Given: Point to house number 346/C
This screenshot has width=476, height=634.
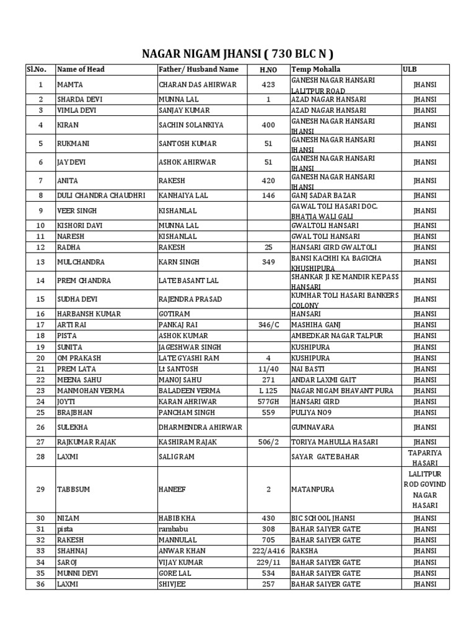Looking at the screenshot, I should coord(268,324).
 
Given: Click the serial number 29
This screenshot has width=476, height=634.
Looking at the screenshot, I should coord(41,489).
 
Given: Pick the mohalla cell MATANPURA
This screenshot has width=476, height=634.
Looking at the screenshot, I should coord(313,489).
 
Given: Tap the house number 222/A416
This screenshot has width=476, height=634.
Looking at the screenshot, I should coord(268,550).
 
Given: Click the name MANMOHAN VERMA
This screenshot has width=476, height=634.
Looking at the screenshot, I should coord(90,391).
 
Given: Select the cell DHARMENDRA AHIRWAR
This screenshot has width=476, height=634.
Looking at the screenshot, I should coord(200,427).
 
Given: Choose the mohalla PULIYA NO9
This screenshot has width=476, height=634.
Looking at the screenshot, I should coord(313,412).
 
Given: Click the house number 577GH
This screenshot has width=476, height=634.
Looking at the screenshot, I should coord(268,402).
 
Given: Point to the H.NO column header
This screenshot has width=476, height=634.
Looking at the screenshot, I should coord(268,69).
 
